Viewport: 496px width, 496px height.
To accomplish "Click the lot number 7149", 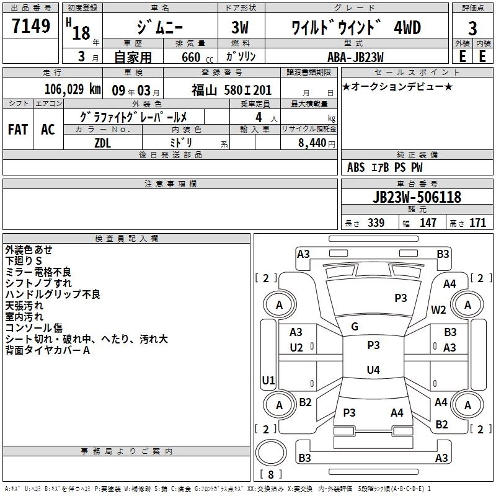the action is [31, 27].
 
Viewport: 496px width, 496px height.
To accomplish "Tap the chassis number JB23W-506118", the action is [417, 197].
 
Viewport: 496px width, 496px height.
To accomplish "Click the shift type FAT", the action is [18, 129].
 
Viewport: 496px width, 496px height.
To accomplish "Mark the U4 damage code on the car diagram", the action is [373, 370].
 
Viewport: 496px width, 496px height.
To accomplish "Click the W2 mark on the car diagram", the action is [439, 310].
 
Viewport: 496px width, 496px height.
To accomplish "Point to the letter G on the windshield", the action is [355, 326].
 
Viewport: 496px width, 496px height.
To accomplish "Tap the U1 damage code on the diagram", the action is [268, 379].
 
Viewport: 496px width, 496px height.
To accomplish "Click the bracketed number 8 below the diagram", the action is [270, 475].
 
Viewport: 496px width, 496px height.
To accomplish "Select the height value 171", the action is [477, 223].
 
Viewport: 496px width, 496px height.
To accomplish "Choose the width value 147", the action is [428, 223].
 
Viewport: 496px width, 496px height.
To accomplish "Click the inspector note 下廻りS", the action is [24, 261].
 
